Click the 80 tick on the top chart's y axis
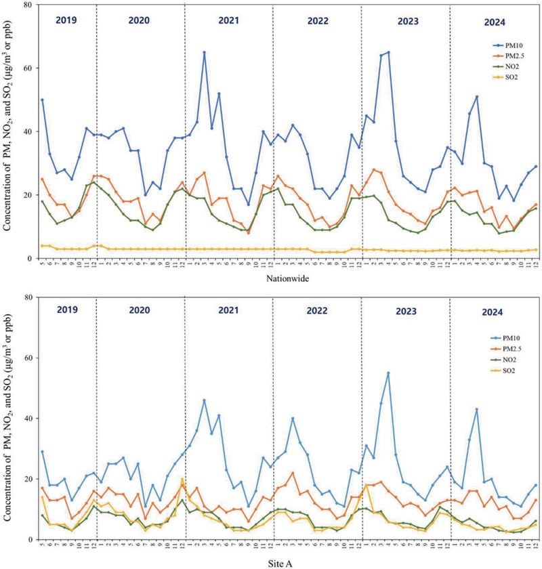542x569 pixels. pyautogui.click(x=28, y=5)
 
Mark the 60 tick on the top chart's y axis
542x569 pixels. pyautogui.click(x=28, y=68)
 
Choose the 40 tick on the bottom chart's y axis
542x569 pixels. pyautogui.click(x=28, y=418)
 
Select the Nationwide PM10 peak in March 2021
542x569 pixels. pyautogui.click(x=204, y=52)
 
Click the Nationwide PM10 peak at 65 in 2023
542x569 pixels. pyautogui.click(x=388, y=52)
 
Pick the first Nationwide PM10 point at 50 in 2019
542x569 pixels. pyautogui.click(x=42, y=100)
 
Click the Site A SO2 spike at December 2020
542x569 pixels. pyautogui.click(x=182, y=480)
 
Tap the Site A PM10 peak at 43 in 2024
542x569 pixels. pyautogui.click(x=477, y=409)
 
